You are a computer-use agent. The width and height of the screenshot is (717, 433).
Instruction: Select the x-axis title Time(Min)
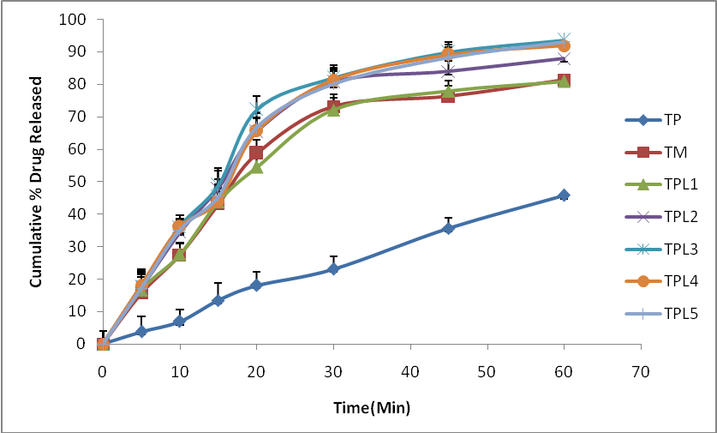coord(372,407)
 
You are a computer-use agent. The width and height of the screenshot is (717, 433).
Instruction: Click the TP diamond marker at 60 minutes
coord(564,195)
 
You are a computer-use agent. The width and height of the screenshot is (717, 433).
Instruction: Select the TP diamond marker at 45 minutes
coord(448,228)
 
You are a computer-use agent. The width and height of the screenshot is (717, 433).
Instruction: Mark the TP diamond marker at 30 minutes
coord(333,269)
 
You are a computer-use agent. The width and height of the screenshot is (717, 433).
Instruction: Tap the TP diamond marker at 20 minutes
coord(256,286)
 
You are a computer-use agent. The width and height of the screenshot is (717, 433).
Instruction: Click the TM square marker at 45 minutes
coord(448,96)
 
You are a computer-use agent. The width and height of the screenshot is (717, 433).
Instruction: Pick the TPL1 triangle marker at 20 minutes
coord(256,167)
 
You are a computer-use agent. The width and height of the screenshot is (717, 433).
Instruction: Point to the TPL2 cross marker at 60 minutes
coord(564,58)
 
